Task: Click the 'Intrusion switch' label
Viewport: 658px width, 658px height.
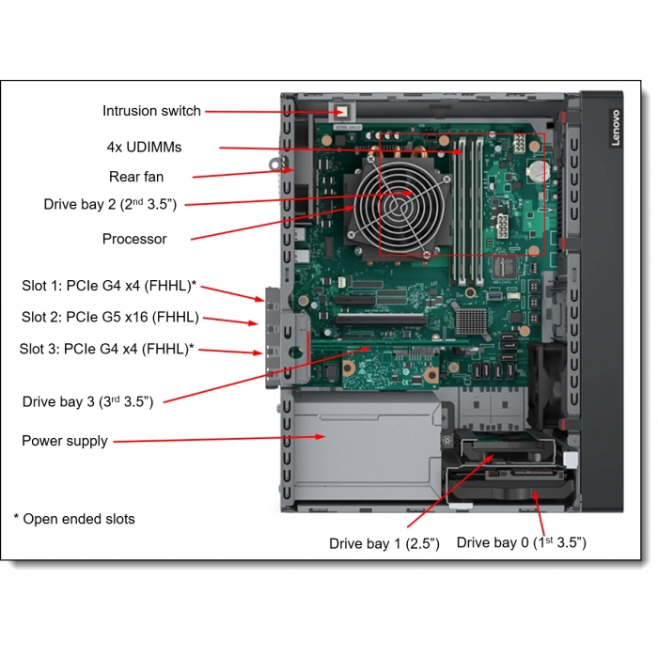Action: pos(151,111)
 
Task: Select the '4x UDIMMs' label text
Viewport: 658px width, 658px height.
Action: pos(144,147)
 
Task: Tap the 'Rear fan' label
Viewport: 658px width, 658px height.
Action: pos(136,176)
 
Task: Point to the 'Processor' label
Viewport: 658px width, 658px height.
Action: pos(134,239)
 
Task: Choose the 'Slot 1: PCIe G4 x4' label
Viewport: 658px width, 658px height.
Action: pos(109,286)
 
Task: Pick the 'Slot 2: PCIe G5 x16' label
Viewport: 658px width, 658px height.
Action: pos(110,317)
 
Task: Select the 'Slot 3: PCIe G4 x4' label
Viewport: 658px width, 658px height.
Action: pos(107,349)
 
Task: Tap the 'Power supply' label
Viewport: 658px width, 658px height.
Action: pos(65,440)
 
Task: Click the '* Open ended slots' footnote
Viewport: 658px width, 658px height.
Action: pos(74,518)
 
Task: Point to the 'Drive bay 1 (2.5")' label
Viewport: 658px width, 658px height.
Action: pos(384,543)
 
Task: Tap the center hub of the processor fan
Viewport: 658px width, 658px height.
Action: pos(407,194)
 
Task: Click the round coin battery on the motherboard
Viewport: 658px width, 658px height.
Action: pos(538,172)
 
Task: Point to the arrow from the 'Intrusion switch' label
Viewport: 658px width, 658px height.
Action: pos(273,111)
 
